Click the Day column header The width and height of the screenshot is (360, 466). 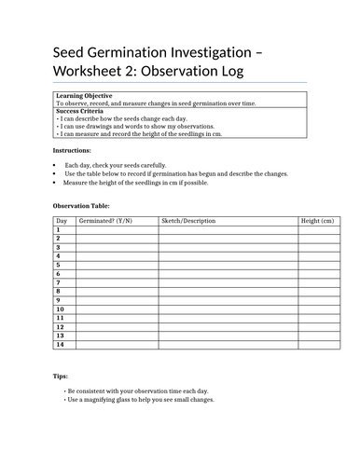point(62,221)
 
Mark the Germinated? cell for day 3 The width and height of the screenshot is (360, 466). point(117,247)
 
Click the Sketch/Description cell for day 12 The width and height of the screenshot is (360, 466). point(227,327)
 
